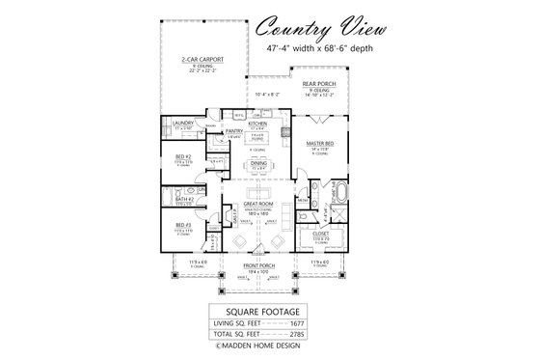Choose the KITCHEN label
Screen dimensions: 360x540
(257, 124)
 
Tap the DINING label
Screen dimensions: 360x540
(256, 164)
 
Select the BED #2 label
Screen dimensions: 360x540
(183, 156)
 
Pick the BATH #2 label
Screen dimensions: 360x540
(183, 200)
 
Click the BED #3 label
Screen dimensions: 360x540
(183, 228)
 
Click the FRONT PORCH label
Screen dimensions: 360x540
(256, 268)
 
